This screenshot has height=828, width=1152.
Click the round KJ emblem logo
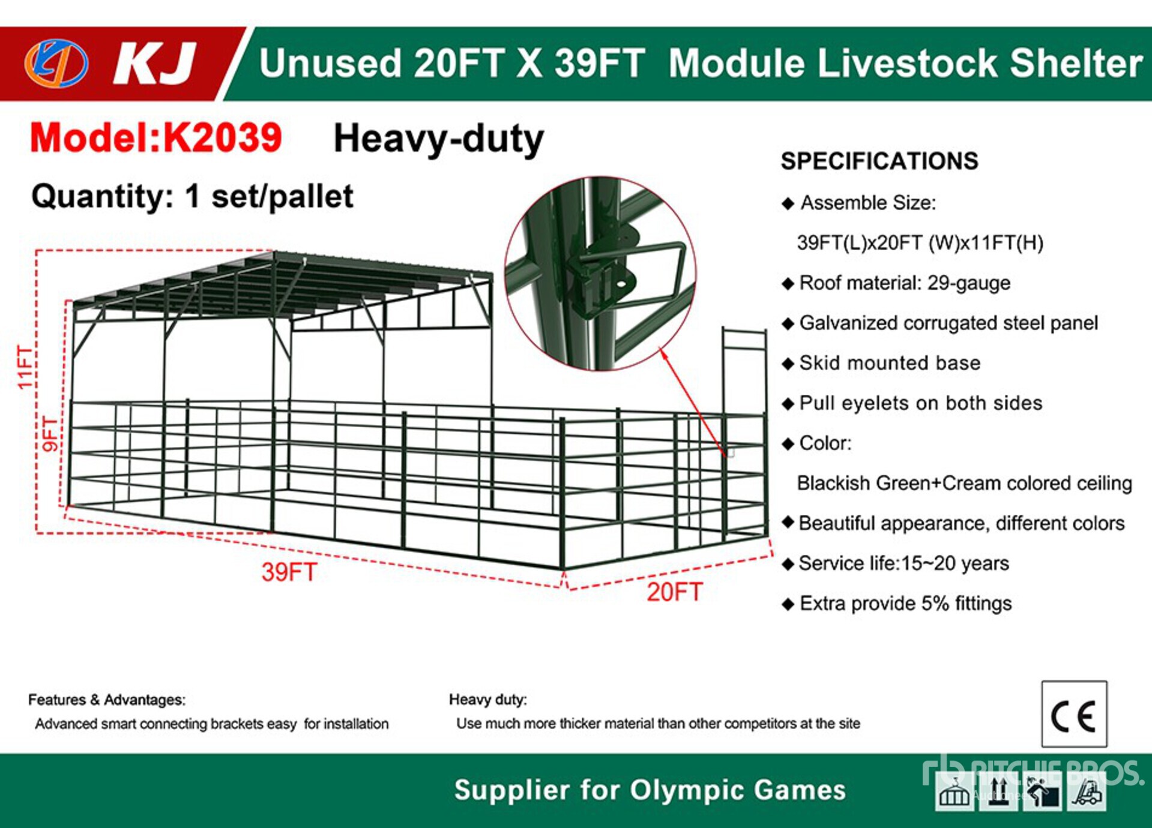(56, 63)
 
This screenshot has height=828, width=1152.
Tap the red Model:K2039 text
(156, 137)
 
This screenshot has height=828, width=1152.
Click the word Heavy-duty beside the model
(439, 139)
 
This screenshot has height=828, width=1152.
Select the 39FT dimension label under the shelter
(289, 572)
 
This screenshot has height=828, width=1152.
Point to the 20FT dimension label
(674, 592)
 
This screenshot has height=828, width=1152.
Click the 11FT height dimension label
(25, 367)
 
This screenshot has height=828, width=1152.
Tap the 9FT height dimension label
(52, 434)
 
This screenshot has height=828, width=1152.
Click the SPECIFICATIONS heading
(879, 161)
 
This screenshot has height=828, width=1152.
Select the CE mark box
(1074, 714)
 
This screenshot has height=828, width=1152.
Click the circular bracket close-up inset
(600, 274)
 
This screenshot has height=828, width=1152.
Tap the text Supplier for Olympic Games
(650, 790)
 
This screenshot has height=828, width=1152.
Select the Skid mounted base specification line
(881, 363)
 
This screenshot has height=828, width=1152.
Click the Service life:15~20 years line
(896, 563)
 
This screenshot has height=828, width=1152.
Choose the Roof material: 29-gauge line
(896, 283)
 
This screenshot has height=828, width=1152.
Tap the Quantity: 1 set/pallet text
(192, 197)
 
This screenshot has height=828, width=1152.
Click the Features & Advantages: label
(107, 700)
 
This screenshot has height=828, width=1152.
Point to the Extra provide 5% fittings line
(897, 604)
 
